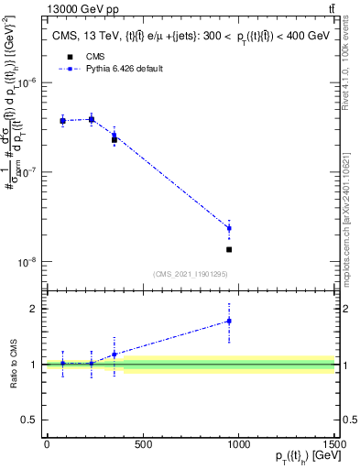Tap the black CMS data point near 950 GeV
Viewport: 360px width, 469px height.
point(229,249)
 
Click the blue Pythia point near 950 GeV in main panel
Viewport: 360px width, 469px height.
point(229,228)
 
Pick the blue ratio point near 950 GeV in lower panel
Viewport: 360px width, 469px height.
point(229,321)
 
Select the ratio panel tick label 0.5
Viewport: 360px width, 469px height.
point(29,420)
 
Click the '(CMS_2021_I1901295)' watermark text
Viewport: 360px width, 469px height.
point(191,274)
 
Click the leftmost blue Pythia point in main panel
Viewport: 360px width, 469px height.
point(62,121)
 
